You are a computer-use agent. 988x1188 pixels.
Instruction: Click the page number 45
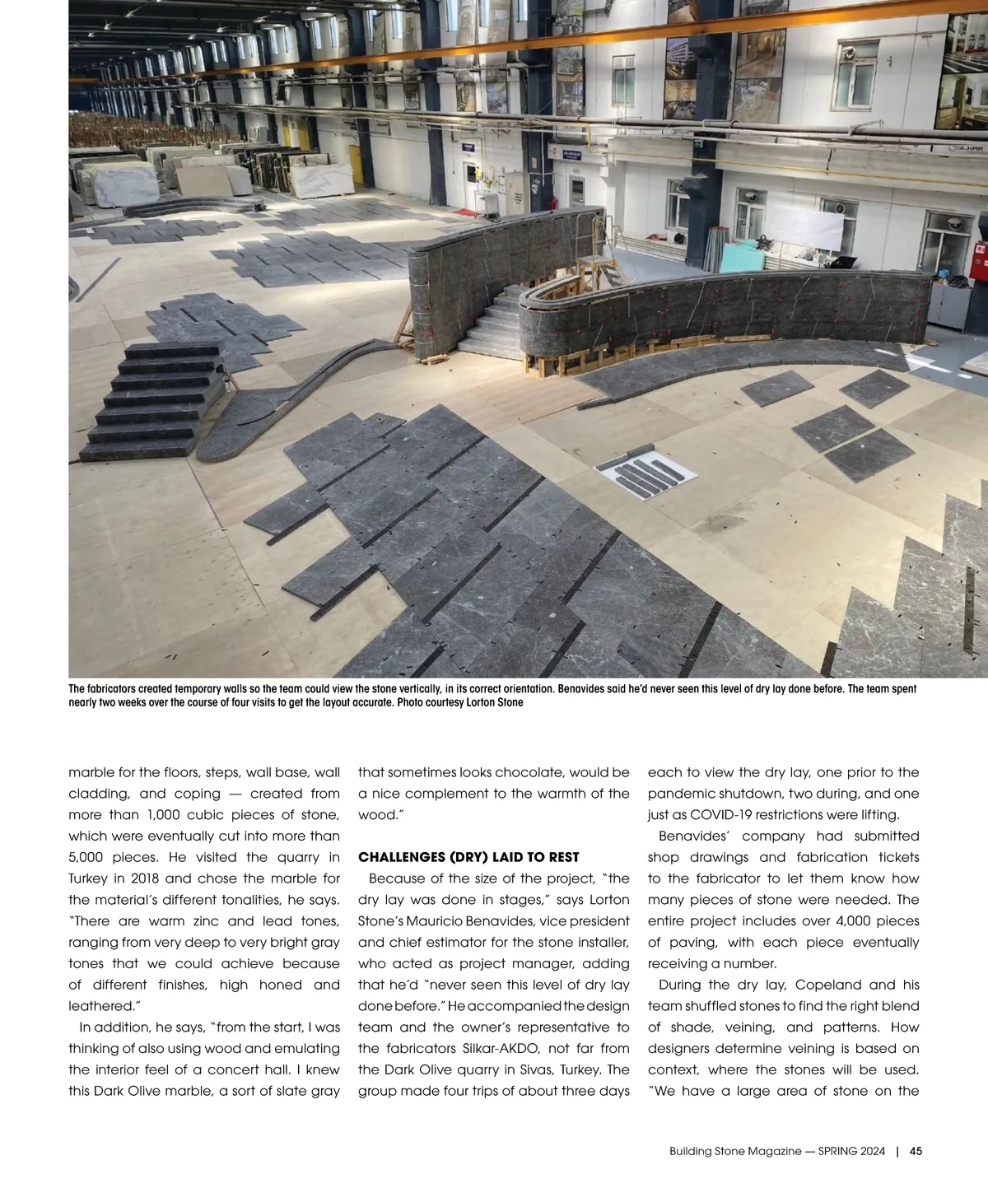point(916,1152)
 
